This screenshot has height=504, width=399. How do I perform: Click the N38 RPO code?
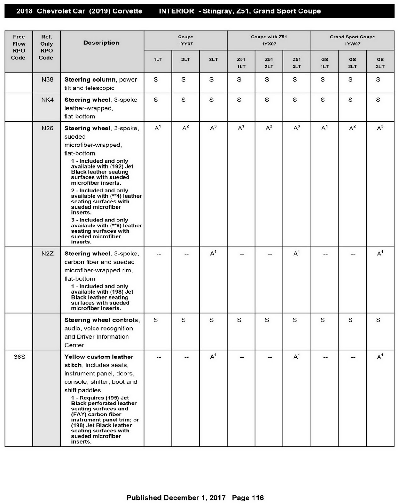click(x=47, y=80)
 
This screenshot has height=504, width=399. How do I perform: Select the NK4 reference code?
click(x=47, y=100)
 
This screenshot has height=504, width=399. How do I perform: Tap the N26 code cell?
click(x=47, y=128)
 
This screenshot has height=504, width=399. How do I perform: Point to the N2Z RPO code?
click(x=47, y=254)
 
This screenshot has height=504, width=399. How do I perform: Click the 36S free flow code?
click(x=19, y=357)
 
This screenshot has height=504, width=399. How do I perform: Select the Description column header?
click(x=101, y=43)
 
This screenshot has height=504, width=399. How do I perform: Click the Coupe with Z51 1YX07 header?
click(x=269, y=40)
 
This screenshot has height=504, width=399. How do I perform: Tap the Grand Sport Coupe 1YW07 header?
click(x=352, y=40)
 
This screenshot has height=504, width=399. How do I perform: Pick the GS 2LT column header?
click(x=352, y=63)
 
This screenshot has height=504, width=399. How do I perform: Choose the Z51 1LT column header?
click(x=241, y=63)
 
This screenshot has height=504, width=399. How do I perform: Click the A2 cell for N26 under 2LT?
click(x=185, y=128)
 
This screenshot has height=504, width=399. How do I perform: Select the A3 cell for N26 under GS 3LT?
click(x=380, y=128)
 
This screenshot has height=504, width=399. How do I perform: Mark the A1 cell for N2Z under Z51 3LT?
click(x=297, y=253)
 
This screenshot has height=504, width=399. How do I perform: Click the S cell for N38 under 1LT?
click(x=156, y=80)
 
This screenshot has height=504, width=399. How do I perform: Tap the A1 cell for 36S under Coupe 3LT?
click(x=213, y=357)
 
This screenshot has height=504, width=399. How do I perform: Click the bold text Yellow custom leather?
click(x=99, y=357)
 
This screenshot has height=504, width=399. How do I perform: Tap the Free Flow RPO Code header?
click(x=19, y=47)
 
